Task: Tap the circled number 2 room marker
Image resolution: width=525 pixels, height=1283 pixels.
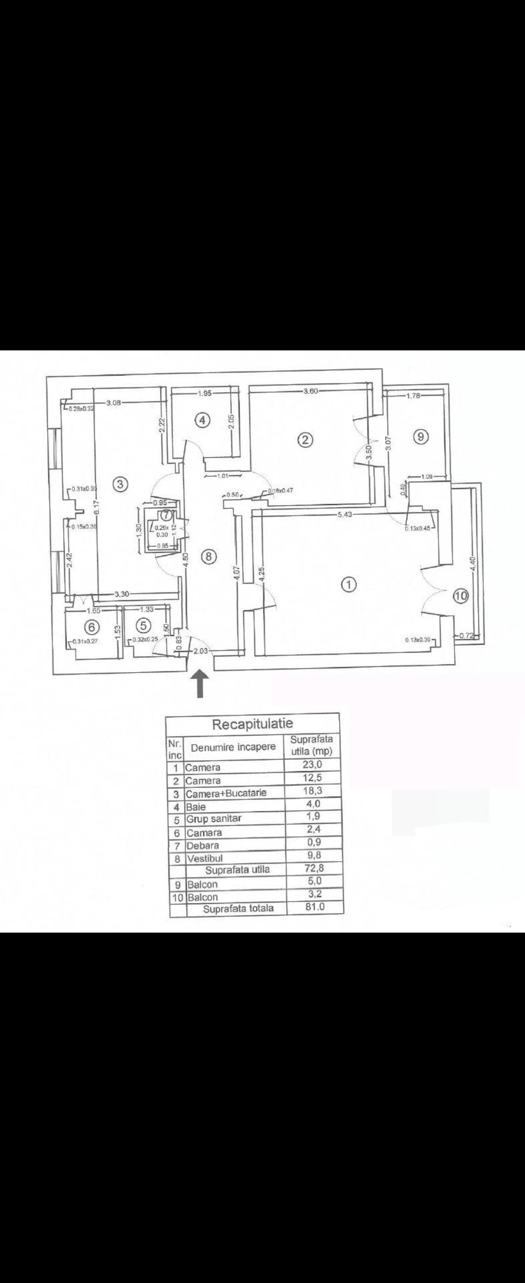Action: point(305,440)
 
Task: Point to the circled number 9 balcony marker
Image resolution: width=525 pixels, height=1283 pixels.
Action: point(421,436)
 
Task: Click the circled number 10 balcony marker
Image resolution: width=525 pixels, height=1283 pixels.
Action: point(461,596)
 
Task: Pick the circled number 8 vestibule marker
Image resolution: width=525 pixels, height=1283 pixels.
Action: point(209,557)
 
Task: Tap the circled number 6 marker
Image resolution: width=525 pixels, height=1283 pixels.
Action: point(93,625)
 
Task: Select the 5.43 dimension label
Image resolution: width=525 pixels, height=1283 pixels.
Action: point(345,515)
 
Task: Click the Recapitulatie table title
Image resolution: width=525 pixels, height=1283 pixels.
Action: point(253,724)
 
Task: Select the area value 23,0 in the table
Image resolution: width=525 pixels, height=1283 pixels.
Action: point(312,764)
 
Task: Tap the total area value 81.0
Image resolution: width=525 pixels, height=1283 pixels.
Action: point(315,906)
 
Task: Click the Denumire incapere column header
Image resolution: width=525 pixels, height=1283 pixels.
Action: point(233,747)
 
